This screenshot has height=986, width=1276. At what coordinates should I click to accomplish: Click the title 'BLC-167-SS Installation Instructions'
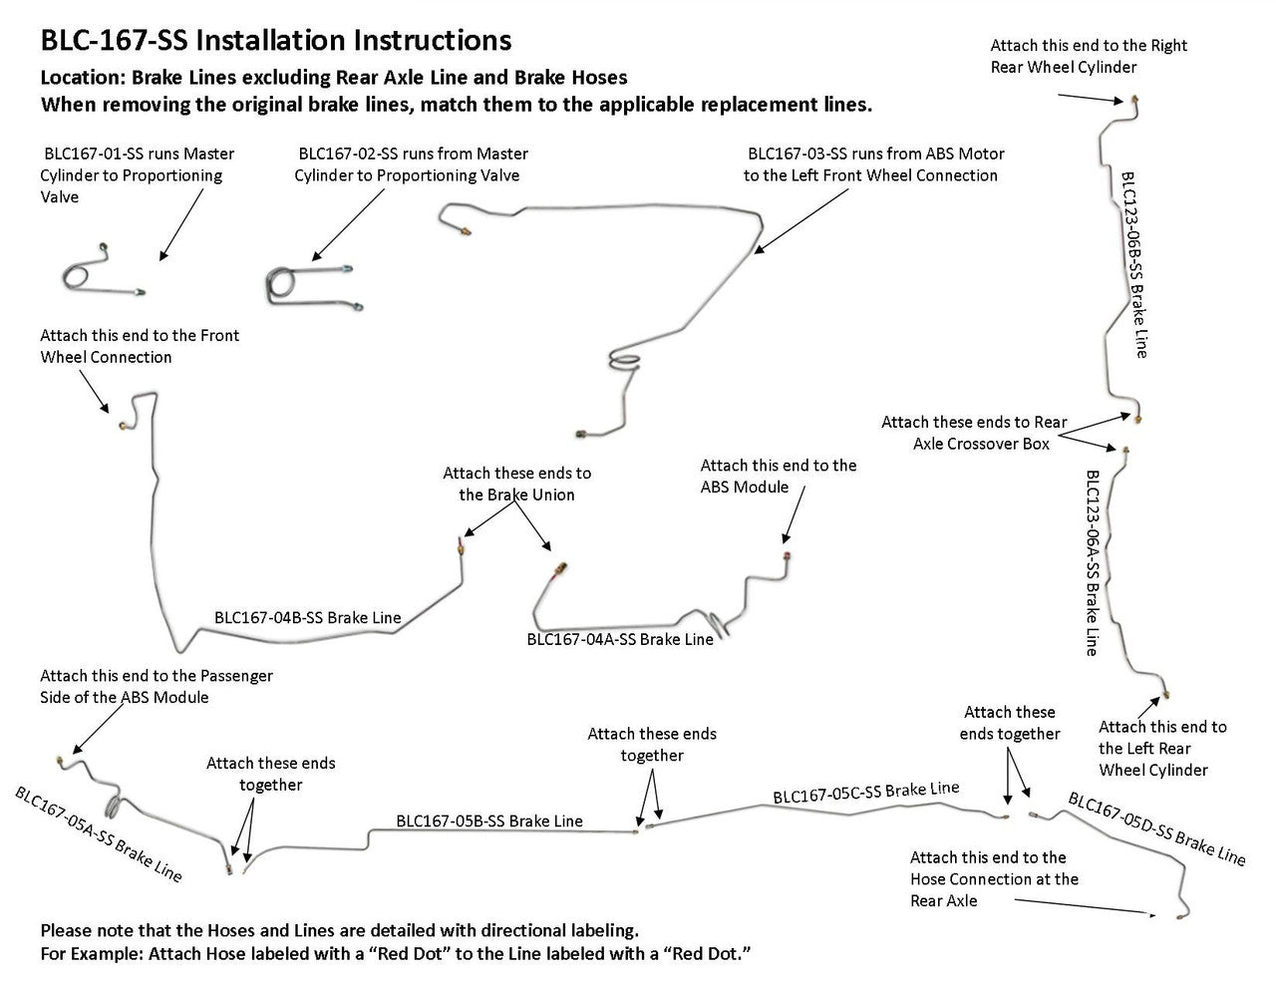click(276, 41)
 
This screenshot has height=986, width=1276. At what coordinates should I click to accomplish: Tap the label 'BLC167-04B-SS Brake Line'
click(307, 618)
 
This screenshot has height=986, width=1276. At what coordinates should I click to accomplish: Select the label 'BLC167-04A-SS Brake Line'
click(620, 640)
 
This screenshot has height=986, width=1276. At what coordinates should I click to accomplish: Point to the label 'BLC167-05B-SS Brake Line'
click(488, 822)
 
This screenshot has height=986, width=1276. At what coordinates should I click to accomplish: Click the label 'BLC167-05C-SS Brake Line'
click(865, 793)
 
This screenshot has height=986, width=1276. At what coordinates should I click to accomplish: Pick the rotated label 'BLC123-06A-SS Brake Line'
click(1093, 562)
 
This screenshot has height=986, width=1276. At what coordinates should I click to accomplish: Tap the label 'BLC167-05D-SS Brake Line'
click(1156, 827)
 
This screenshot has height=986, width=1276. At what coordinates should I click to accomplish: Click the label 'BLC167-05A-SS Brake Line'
click(98, 833)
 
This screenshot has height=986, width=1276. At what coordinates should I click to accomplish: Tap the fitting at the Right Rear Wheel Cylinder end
click(1135, 101)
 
